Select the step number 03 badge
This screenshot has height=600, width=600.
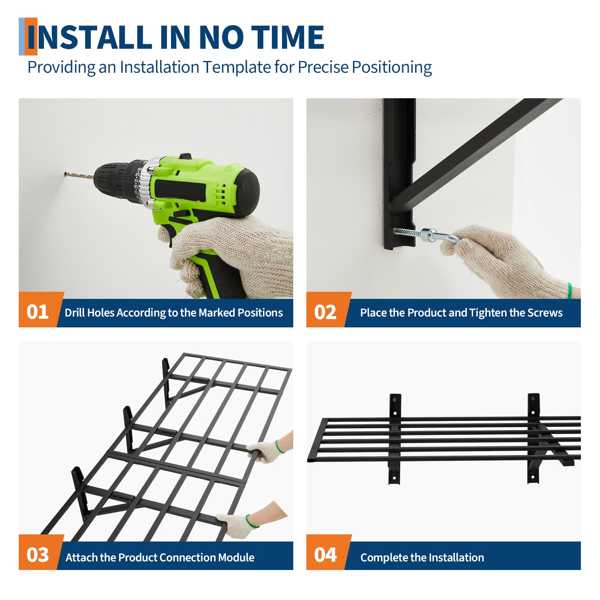pos(37,554)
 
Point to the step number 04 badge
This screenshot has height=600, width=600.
pos(325,554)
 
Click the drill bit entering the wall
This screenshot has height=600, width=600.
pos(79,175)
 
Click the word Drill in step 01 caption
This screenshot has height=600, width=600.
pos(75,312)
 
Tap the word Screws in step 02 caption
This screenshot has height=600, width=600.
pos(545,312)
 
